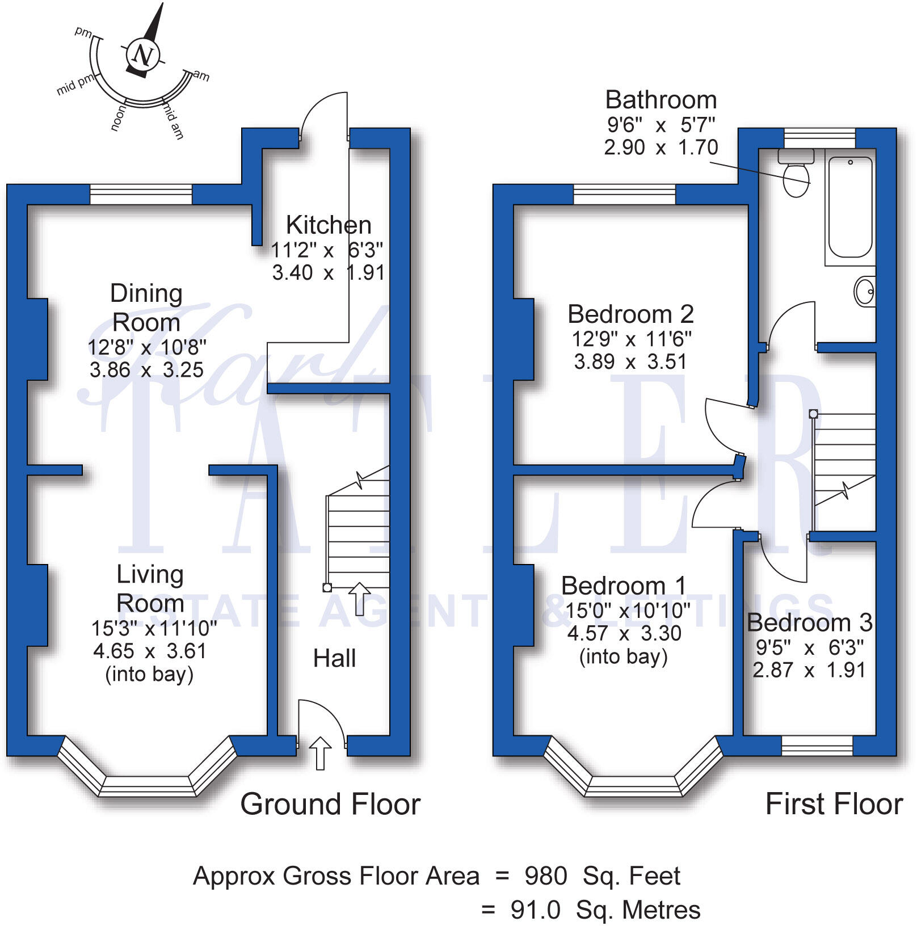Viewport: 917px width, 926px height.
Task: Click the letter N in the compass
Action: point(142,56)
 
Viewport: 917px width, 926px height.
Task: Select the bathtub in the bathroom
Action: point(850,207)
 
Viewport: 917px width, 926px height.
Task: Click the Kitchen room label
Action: point(329,225)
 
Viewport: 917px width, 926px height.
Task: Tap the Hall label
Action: point(334,659)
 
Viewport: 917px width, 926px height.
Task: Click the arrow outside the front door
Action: point(321,753)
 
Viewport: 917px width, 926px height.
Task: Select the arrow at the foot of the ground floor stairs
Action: point(359,599)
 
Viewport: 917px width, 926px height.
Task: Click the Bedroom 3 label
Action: point(809,623)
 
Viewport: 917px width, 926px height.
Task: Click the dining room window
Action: point(141,195)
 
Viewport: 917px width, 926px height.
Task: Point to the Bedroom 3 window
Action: point(817,746)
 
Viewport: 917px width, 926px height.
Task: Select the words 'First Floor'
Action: point(834,805)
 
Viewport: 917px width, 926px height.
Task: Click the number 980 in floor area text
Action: point(545,877)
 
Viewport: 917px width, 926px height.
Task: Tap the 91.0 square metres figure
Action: point(535,910)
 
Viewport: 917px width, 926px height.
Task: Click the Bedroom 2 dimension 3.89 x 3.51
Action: point(630,362)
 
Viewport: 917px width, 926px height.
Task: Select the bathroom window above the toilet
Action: point(819,138)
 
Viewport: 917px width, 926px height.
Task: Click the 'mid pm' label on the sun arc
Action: point(74,86)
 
